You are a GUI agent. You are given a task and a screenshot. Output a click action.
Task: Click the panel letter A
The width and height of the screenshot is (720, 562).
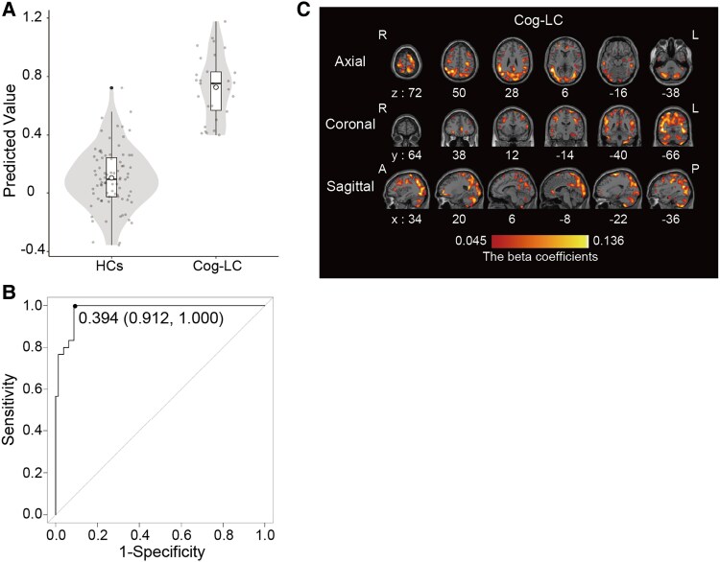pyautogui.click(x=9, y=10)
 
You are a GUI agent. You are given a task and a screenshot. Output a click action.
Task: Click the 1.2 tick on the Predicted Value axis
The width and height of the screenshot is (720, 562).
pyautogui.click(x=32, y=17)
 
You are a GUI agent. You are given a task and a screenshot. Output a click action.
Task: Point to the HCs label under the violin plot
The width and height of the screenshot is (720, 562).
pyautogui.click(x=109, y=266)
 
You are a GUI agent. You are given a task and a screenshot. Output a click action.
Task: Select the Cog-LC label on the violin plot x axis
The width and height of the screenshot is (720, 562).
pyautogui.click(x=217, y=266)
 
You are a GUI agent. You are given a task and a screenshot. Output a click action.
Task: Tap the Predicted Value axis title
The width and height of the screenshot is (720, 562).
pyautogui.click(x=10, y=141)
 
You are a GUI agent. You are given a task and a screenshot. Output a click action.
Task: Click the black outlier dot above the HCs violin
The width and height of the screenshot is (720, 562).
pyautogui.click(x=111, y=87)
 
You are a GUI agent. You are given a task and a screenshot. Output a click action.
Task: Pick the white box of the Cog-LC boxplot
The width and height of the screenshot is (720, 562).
pyautogui.click(x=216, y=91)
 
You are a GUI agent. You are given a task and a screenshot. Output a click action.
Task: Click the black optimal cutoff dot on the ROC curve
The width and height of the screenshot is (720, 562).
pyautogui.click(x=75, y=306)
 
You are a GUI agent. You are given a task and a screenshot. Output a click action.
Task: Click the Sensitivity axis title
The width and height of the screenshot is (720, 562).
pyautogui.click(x=9, y=410)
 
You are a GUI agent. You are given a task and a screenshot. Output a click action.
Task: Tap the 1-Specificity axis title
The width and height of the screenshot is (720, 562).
pyautogui.click(x=162, y=551)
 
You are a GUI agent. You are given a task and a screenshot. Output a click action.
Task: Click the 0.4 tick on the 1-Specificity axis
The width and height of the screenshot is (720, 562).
pyautogui.click(x=139, y=535)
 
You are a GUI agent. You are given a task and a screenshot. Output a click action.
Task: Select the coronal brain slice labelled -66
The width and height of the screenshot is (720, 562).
pyautogui.click(x=671, y=128)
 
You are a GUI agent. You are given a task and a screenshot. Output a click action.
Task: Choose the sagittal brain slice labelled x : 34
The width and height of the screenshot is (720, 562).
pyautogui.click(x=407, y=189)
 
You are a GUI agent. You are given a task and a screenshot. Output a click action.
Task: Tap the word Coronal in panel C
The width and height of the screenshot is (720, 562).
pyautogui.click(x=350, y=124)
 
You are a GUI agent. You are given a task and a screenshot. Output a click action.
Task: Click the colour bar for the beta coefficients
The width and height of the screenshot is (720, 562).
pyautogui.click(x=540, y=242)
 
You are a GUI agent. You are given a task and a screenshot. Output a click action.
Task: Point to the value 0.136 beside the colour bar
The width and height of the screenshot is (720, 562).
pyautogui.click(x=609, y=241)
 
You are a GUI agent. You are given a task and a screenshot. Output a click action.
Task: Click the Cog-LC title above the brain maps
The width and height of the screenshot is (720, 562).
pyautogui.click(x=539, y=20)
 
